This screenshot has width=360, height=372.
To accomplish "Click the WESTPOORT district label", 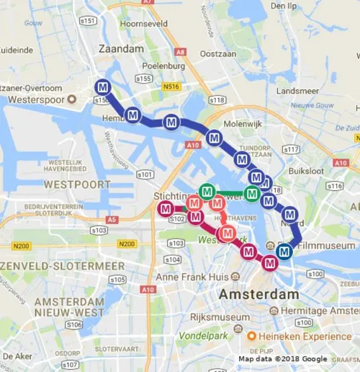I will click(78, 184).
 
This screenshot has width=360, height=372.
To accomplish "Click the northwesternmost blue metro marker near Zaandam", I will click(104, 87).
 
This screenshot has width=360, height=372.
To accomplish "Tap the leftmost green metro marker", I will click(207, 192).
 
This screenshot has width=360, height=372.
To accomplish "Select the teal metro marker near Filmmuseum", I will click(284, 251).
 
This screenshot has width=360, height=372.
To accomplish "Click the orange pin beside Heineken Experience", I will click(251, 337).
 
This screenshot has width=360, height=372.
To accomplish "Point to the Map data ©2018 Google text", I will click(282, 358).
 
